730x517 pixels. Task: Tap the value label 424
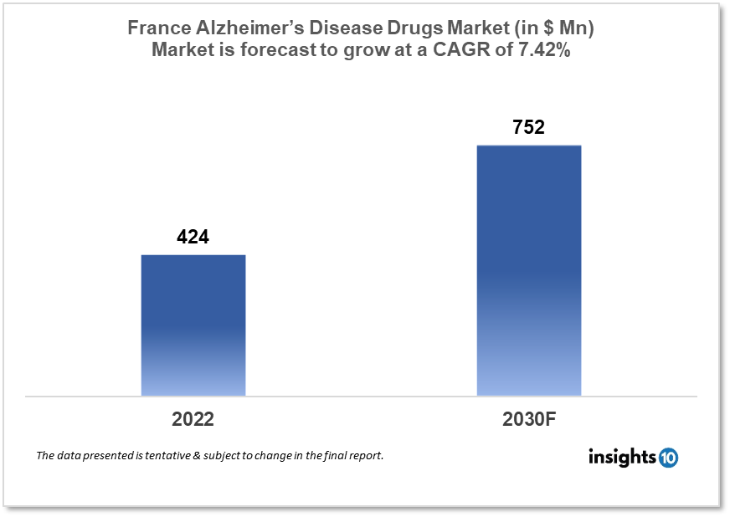pyautogui.click(x=193, y=238)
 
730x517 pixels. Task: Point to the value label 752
pyautogui.click(x=528, y=127)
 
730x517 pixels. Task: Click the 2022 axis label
pyautogui.click(x=193, y=419)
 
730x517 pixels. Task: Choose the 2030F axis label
pyautogui.click(x=528, y=419)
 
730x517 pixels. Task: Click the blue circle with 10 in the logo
pyautogui.click(x=668, y=458)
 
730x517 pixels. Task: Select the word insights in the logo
pyautogui.click(x=623, y=457)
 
